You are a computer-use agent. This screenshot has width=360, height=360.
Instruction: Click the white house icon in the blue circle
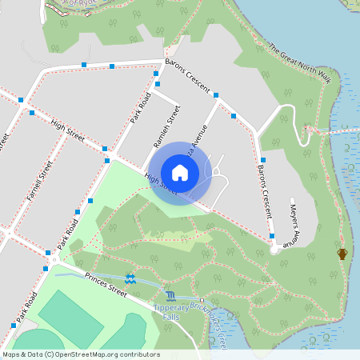(179, 172)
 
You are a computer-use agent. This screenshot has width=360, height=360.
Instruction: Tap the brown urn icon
(342, 254)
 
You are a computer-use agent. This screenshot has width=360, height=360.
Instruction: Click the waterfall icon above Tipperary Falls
(170, 296)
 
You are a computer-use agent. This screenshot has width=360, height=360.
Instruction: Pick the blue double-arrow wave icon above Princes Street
(130, 278)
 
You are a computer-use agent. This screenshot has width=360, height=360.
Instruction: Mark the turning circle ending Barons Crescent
(275, 250)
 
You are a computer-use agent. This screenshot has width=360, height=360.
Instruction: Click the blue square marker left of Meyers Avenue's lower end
(273, 236)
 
